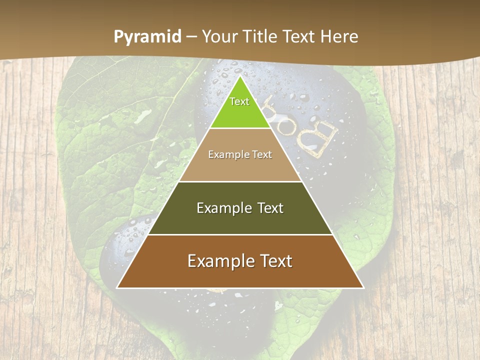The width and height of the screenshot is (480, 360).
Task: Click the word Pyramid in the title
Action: [x=147, y=36]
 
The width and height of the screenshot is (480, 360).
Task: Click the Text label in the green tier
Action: [x=239, y=101]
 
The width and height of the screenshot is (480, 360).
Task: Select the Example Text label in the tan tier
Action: [x=240, y=154]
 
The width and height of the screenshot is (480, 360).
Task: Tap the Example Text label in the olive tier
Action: [x=240, y=208]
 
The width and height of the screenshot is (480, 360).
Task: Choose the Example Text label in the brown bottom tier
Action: [x=240, y=261]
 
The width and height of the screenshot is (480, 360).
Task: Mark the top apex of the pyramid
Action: [x=240, y=76]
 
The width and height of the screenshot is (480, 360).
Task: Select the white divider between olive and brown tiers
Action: [x=240, y=234]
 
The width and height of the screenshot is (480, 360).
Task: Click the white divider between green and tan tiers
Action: [x=240, y=128]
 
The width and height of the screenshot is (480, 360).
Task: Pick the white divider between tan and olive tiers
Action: [x=240, y=181]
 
